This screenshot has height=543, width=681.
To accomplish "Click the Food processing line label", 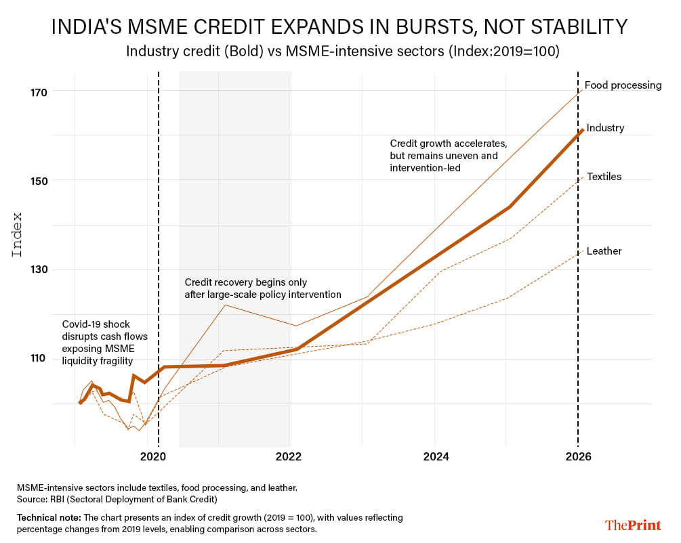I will click(x=623, y=85).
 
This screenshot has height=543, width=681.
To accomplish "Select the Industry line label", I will click(x=605, y=128).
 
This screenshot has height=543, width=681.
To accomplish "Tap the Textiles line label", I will click(x=604, y=177).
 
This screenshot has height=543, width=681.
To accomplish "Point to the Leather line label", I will click(x=604, y=251).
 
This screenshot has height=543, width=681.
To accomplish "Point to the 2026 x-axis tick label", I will click(x=578, y=457).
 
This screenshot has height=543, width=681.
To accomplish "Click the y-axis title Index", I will click(x=18, y=235).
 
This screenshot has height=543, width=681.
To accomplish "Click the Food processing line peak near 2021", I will click(x=226, y=305).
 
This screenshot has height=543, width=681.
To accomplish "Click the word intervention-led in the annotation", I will click(x=425, y=167).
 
